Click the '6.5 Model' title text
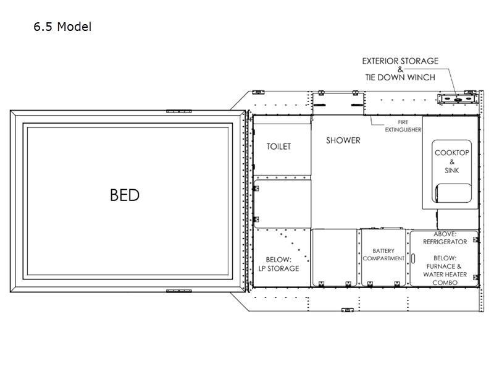[62, 27]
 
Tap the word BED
[125, 195]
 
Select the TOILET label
[278, 147]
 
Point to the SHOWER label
[343, 140]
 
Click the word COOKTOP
[452, 153]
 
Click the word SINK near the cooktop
[452, 171]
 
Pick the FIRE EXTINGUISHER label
[403, 126]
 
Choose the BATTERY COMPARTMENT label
[383, 255]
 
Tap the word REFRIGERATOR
[445, 242]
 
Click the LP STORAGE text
[279, 268]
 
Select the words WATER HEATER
[445, 275]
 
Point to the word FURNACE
[441, 267]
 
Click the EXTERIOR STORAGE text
[400, 61]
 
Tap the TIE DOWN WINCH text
[400, 77]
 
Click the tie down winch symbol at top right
[458, 99]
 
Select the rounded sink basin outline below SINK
[453, 193]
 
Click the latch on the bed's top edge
[178, 111]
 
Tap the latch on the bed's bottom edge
[178, 291]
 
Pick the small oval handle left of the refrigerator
[413, 258]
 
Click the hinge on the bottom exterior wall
[347, 310]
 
